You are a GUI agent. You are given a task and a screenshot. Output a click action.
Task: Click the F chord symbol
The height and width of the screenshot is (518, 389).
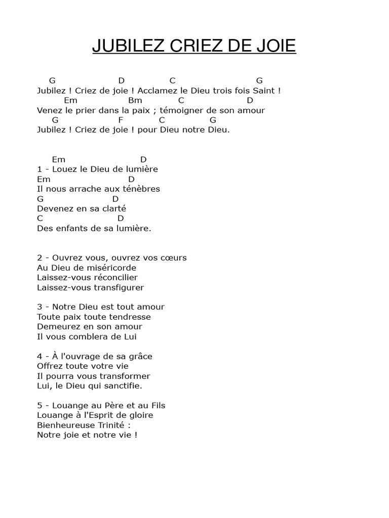(121, 120)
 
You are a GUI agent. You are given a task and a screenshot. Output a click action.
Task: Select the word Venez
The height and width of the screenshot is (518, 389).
(49, 110)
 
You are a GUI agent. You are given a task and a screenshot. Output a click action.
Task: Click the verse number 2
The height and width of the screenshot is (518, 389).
(40, 257)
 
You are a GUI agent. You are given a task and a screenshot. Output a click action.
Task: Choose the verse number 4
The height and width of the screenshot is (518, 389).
(40, 356)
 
